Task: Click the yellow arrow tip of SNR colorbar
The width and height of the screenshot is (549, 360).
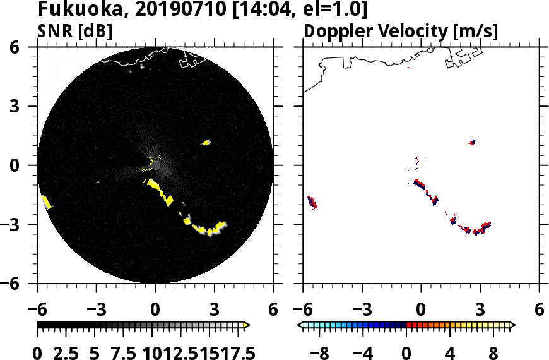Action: pos(247,325)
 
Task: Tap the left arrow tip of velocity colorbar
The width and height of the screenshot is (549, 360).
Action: pos(301,325)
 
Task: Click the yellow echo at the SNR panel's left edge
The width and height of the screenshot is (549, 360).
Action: pos(46,202)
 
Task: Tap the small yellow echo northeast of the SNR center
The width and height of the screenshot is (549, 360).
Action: pos(206,143)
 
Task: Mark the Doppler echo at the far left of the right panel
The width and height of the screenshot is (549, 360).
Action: pos(312,202)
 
